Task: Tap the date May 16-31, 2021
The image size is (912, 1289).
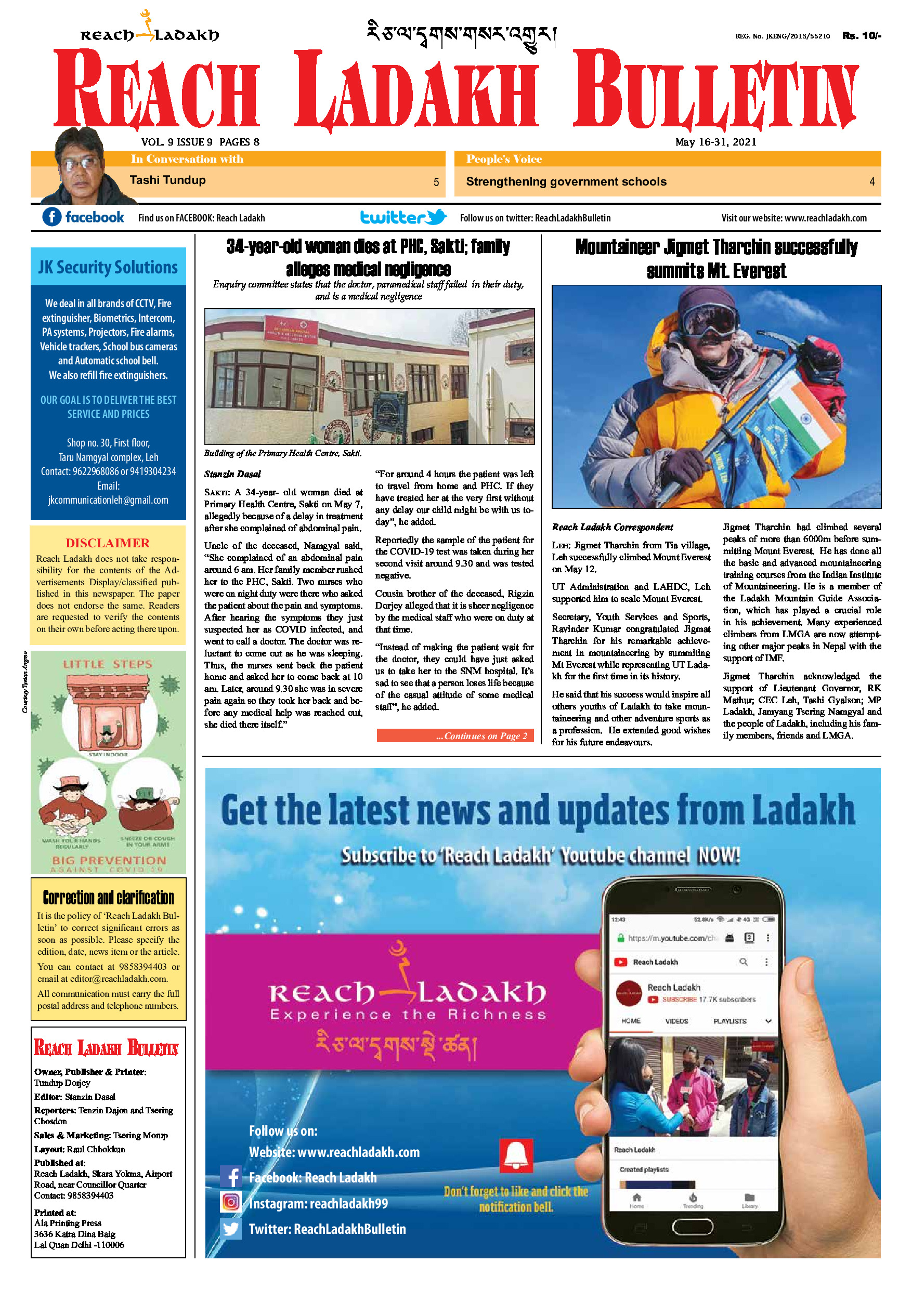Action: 715,142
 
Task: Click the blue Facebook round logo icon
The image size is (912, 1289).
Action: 51,217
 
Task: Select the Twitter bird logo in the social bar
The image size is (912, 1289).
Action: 436,217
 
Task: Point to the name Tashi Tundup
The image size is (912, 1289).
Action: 167,180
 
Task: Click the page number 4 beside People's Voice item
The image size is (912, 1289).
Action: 871,182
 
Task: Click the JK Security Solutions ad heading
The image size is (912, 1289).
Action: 108,267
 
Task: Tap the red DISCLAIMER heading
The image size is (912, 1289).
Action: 107,543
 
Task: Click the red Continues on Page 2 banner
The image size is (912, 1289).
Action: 454,735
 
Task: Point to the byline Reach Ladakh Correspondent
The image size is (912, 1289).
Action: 612,527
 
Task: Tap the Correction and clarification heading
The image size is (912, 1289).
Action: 108,898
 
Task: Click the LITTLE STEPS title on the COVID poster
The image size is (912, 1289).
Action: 107,664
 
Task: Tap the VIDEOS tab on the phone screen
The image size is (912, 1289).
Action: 676,1021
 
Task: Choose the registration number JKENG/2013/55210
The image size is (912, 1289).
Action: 783,36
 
